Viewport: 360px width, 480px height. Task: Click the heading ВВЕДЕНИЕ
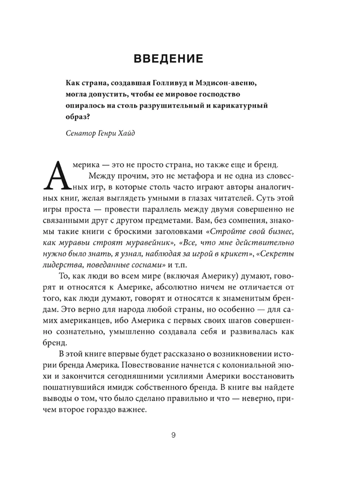coord(180,60)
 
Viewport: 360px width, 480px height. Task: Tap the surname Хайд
coord(125,133)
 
